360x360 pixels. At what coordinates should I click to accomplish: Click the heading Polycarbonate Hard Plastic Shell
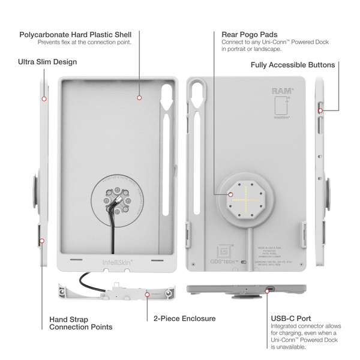tap(75, 34)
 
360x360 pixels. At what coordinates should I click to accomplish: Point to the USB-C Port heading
tap(290, 318)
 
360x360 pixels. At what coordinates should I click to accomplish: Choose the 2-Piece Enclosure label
tap(184, 319)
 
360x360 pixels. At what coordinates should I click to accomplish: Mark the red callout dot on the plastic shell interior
tap(139, 97)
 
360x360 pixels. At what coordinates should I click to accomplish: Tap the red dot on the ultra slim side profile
tap(43, 98)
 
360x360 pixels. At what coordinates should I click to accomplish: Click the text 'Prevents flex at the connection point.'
tap(84, 43)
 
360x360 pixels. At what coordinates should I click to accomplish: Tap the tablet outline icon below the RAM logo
tap(278, 107)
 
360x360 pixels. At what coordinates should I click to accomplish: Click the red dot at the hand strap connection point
tap(42, 241)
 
